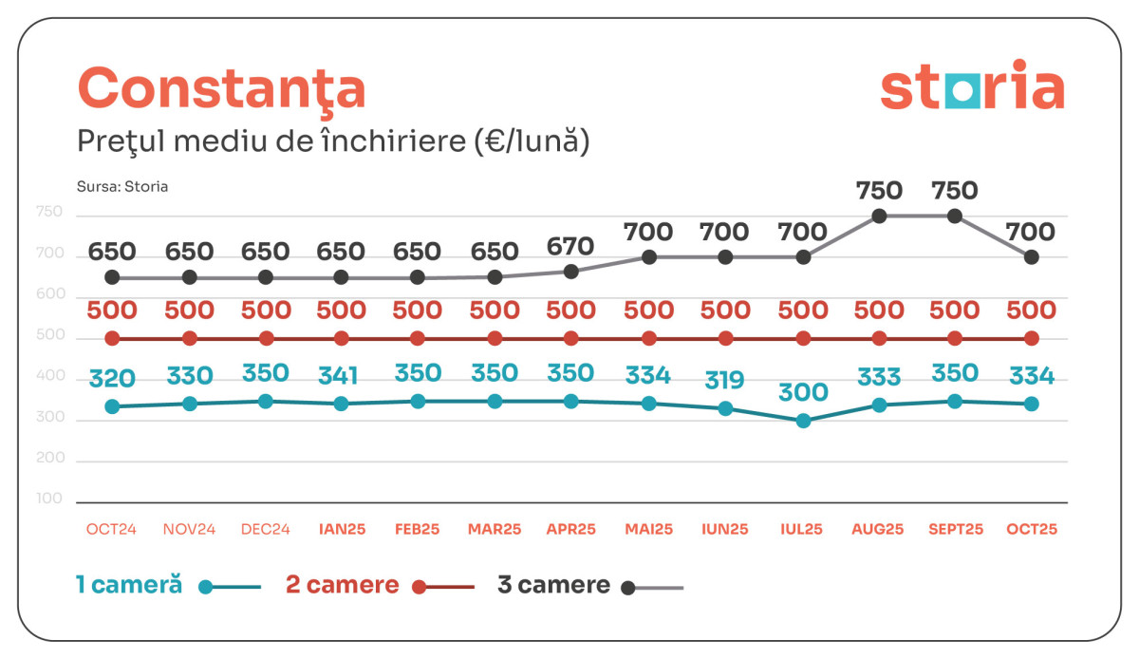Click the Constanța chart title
221,88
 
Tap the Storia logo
972,86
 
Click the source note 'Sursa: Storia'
122,186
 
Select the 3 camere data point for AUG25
879,216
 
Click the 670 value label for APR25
570,247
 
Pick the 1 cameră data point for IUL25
803,421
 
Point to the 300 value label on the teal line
804,392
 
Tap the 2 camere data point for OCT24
112,338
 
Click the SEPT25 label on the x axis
955,529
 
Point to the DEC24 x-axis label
266,529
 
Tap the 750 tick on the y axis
49,214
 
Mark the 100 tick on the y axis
49,499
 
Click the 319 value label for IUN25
726,381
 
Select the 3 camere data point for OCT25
1032,256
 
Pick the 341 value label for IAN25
339,375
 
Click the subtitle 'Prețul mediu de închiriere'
333,141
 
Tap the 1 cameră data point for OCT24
112,406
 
